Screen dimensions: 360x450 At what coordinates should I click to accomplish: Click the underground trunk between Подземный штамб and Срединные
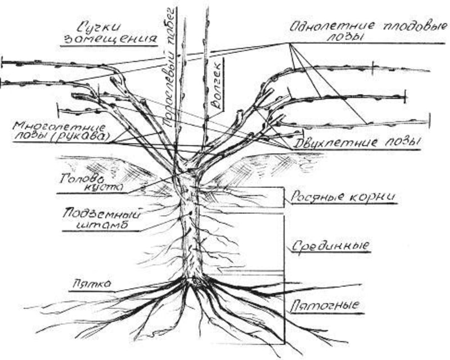click(192, 236)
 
